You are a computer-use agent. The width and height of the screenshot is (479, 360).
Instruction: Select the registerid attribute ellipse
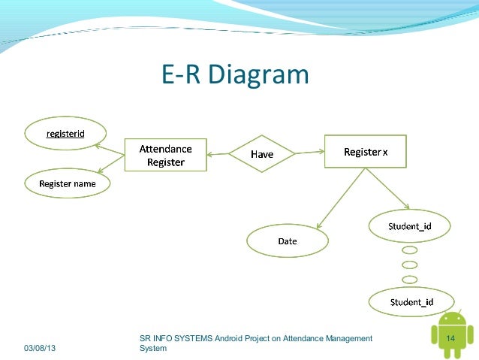tap(65, 134)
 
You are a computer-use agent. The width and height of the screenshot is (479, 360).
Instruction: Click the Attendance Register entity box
tap(164, 155)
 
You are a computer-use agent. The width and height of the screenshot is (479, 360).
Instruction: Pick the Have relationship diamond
tap(261, 154)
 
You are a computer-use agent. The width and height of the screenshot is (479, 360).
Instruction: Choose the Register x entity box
tap(365, 152)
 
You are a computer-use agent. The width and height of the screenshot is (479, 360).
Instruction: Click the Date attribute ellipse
tap(287, 241)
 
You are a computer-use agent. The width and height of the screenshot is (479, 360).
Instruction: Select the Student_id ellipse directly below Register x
tap(409, 225)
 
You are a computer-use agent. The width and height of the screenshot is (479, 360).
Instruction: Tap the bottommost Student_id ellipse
tap(409, 302)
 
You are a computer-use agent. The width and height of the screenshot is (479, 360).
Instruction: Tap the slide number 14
tap(451, 339)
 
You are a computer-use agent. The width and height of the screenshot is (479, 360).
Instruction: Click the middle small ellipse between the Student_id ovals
tap(409, 265)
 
